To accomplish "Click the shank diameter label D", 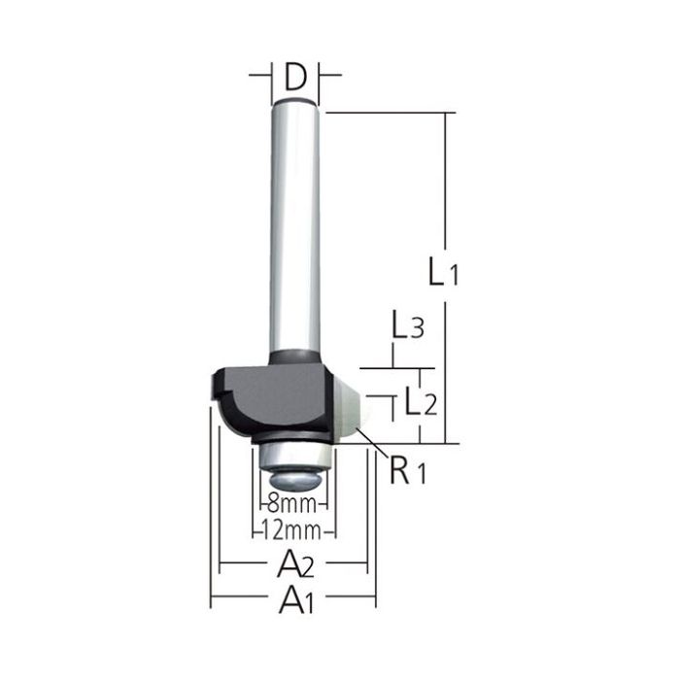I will [295, 75].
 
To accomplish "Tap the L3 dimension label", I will [406, 327].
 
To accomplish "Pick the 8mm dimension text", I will [295, 505].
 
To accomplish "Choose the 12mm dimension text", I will [295, 531].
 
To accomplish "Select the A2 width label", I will [293, 561].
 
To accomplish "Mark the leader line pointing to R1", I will [371, 445].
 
